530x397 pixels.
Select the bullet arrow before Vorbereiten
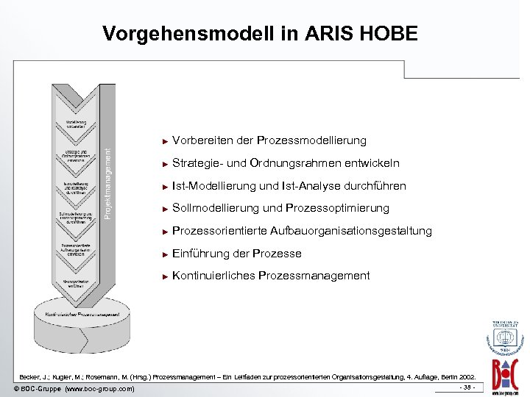(165, 140)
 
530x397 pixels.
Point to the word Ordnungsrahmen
(289, 163)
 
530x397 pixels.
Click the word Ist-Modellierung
(216, 186)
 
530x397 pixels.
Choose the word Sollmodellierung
(216, 208)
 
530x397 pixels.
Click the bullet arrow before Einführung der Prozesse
(165, 254)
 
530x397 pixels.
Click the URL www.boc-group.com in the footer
(100, 388)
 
